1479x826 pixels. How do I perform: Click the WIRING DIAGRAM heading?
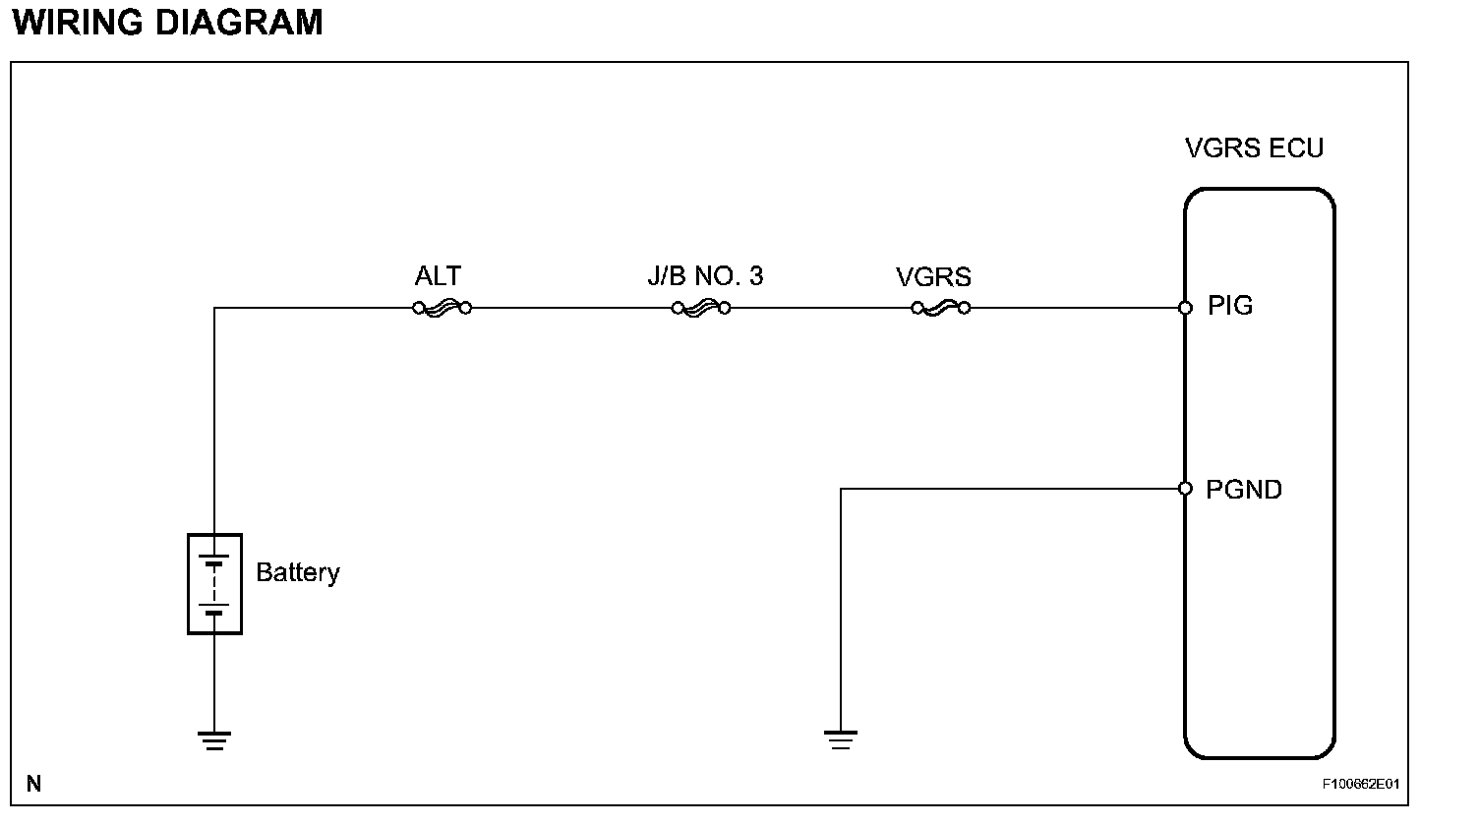168,22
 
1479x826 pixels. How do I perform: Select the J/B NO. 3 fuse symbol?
700,308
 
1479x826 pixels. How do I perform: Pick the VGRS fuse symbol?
940,308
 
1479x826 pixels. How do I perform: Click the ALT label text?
438,276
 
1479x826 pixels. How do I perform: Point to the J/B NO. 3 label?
704,276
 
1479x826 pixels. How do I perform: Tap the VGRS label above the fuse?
933,277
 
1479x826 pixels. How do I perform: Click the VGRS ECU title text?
1254,148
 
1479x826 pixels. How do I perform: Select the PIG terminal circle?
1185,308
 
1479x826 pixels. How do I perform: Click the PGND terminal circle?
1185,489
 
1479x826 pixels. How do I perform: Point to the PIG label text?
1230,306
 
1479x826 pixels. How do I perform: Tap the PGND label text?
1244,489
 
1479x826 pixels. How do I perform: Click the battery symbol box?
214,584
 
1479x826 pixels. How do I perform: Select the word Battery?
297,572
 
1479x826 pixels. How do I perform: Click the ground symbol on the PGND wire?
840,739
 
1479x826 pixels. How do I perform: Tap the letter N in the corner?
34,784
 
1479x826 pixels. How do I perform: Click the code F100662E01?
1360,785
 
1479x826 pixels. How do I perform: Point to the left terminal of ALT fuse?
419,308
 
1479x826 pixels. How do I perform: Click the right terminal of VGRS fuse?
965,308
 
